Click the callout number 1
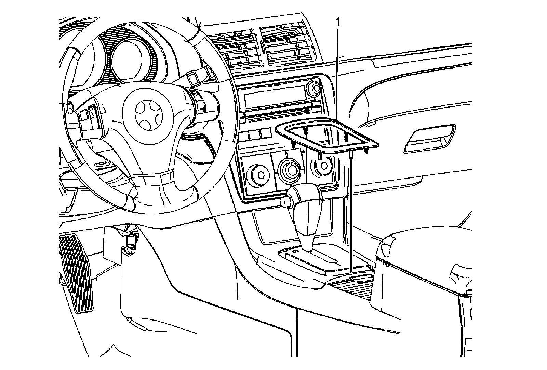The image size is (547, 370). pyautogui.click(x=338, y=23)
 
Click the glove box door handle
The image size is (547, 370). pyautogui.click(x=429, y=139)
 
